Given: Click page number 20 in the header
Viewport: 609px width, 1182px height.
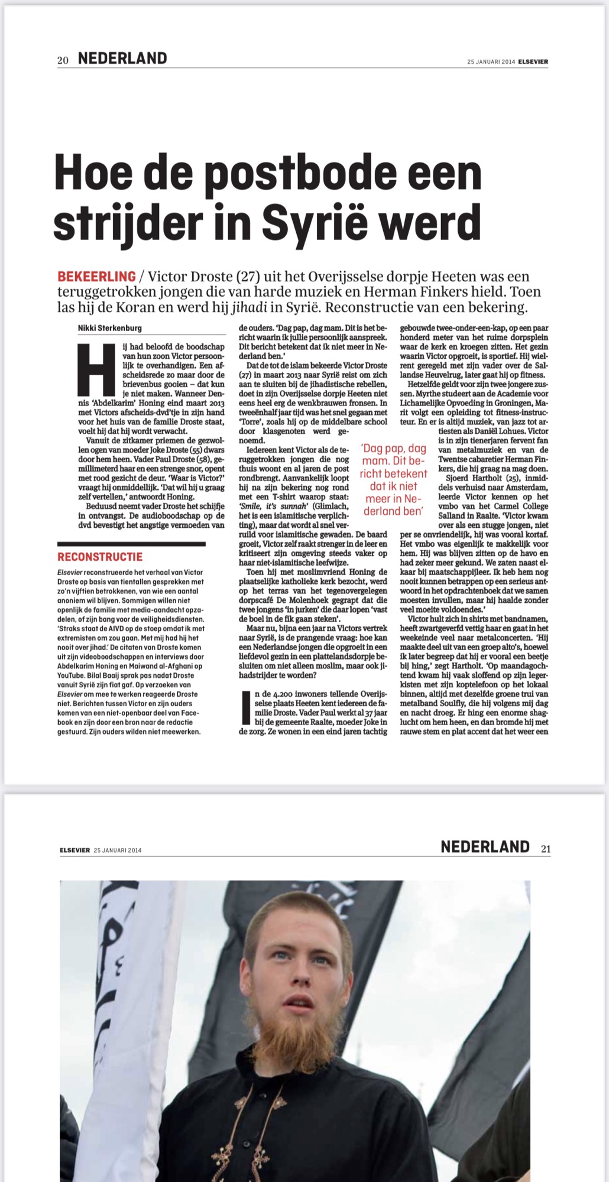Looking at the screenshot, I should click(63, 60).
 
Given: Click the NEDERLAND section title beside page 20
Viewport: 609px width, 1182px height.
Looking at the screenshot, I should click(122, 59).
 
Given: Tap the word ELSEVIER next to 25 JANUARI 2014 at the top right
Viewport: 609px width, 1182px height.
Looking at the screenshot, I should click(533, 61).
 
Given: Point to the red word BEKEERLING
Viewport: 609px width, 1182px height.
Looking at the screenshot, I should click(96, 276).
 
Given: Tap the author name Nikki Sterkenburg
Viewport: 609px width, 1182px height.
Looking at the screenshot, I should click(110, 328).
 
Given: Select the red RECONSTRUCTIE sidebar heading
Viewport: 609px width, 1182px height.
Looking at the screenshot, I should click(100, 557).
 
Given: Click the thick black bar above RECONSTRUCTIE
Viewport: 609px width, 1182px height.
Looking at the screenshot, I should click(131, 544).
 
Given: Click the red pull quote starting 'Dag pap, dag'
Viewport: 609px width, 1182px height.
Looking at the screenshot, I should click(394, 480).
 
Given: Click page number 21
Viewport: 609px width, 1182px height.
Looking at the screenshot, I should click(545, 849).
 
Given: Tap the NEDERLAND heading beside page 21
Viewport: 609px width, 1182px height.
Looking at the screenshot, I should click(485, 847).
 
